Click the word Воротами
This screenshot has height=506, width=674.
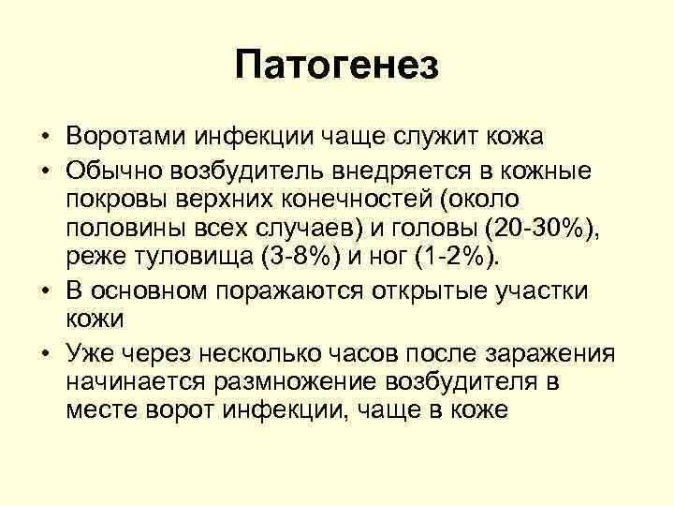click(127, 137)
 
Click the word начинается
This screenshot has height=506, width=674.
click(140, 382)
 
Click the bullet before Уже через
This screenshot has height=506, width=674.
click(44, 353)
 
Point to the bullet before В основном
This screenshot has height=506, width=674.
click(44, 290)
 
